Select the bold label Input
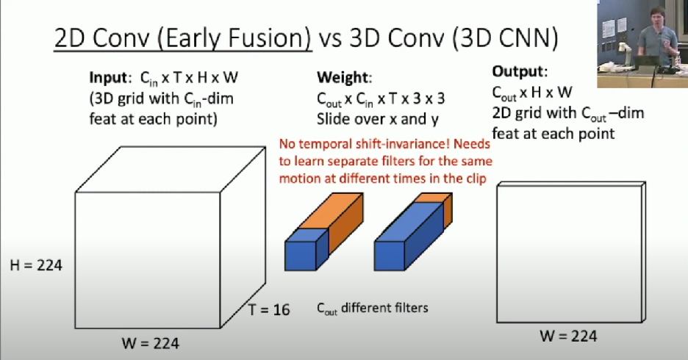point(108,78)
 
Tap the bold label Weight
point(343,77)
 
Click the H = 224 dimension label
point(36,264)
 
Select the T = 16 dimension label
point(269,309)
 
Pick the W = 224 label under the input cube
point(151,343)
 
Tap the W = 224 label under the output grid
point(568,336)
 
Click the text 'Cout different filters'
point(372,309)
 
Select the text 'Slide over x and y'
point(377,119)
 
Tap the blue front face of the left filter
point(301,256)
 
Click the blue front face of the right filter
point(390,256)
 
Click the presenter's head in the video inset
point(656,18)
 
